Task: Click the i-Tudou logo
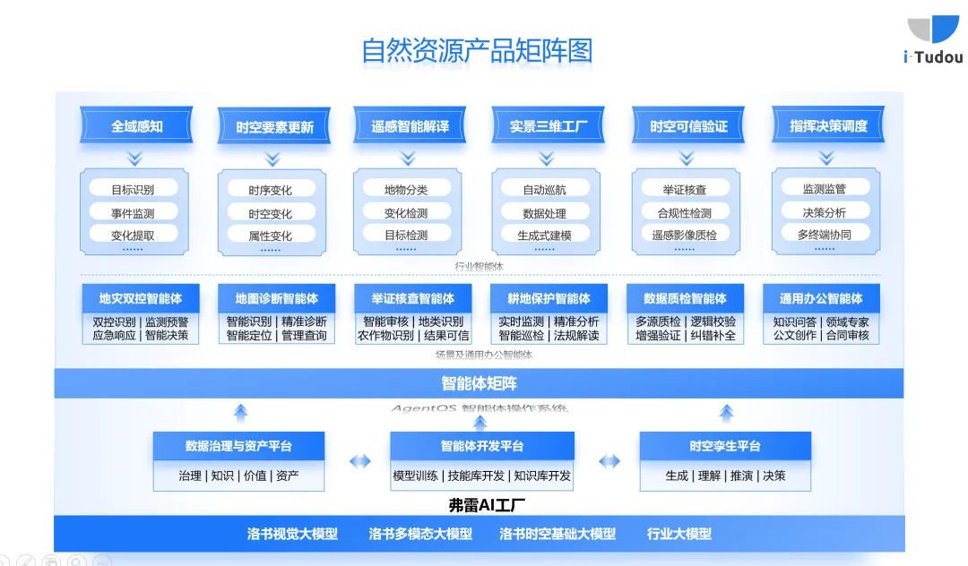tap(933, 40)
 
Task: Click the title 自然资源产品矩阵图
tap(477, 50)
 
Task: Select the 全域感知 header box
tap(137, 126)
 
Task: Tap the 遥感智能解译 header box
tap(411, 126)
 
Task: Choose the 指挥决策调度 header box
tap(828, 126)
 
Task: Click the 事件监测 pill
tap(133, 213)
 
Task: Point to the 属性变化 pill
tap(271, 236)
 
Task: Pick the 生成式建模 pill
tap(545, 235)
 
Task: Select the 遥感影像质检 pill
tap(685, 235)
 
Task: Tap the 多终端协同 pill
tap(825, 234)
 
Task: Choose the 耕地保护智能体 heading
tap(549, 298)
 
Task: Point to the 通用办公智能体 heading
tap(821, 298)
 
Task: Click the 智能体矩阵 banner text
tap(479, 383)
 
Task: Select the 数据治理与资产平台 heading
tap(238, 445)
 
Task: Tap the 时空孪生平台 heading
tap(725, 445)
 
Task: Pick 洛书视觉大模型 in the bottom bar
tap(292, 534)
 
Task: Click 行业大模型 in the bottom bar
tap(679, 534)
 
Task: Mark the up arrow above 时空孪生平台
tap(726, 413)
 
